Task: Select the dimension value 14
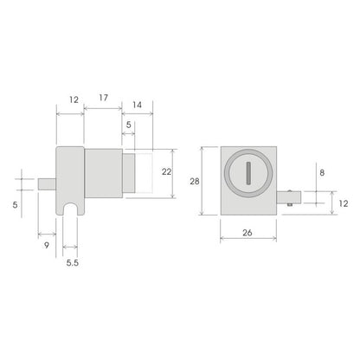tap(137, 104)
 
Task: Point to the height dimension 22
tap(167, 171)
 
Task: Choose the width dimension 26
tap(247, 232)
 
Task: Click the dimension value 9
tap(47, 246)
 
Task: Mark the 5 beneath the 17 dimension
tap(128, 125)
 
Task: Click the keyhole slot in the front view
tap(247, 172)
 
